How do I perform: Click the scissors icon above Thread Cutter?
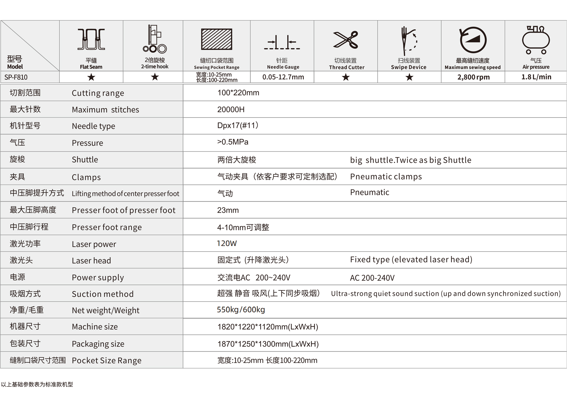pos(346,40)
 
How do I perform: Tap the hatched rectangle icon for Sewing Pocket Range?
pos(216,39)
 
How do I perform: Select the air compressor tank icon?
pos(536,40)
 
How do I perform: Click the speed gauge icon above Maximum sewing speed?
pos(473,40)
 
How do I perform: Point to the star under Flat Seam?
pos(91,77)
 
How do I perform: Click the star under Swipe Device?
pos(409,77)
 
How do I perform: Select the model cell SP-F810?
pos(16,77)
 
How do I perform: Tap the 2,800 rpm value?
pos(473,77)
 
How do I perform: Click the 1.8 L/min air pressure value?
pos(536,77)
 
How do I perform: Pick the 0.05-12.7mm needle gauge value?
pos(283,77)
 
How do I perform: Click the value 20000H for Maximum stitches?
pos(231,110)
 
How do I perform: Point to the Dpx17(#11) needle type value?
pos(238,125)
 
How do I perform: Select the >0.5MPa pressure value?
pos(233,142)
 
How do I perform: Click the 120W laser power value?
pos(227,244)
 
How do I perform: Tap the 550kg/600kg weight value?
pos(241,310)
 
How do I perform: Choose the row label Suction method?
pos(102,294)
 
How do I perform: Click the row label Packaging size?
pos(98,344)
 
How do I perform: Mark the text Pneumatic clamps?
pos(386,177)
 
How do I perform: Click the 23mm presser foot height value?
pos(228,210)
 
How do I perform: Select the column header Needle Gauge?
pos(283,67)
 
